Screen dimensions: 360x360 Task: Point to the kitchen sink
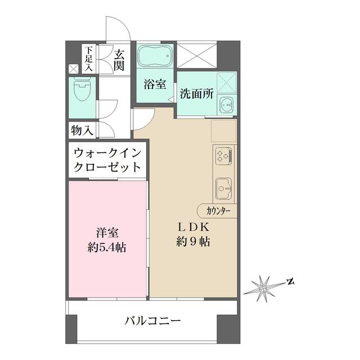coord(224,187)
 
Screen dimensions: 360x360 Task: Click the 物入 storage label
coord(82,130)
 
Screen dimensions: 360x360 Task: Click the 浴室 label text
coord(154,85)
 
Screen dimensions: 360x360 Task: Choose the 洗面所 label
coord(196,94)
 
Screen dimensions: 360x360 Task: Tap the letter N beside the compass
coord(289,280)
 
